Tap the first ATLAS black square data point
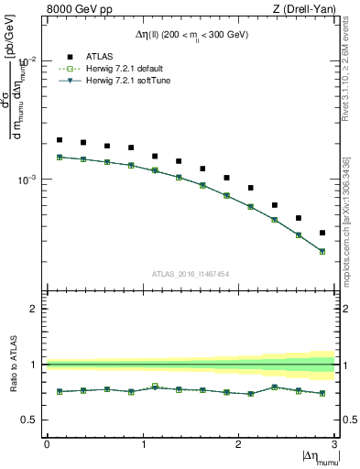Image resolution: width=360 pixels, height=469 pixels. [60, 140]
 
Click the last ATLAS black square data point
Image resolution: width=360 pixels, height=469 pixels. [322, 233]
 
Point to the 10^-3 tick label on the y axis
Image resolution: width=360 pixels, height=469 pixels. [27, 180]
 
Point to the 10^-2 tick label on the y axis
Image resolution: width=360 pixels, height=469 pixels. [27, 60]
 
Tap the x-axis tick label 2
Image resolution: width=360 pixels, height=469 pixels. [239, 444]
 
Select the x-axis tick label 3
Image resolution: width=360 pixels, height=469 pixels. [334, 444]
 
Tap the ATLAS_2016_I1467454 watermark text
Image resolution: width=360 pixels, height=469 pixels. [191, 274]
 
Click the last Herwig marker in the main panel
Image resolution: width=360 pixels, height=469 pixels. [322, 251]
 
